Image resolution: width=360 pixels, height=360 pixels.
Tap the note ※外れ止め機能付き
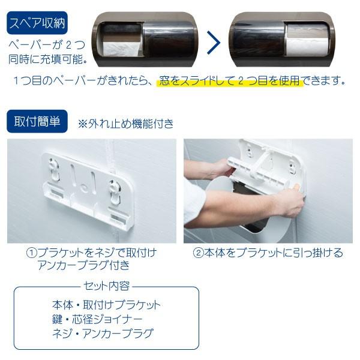126,124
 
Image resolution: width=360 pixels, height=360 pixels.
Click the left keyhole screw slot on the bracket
55,169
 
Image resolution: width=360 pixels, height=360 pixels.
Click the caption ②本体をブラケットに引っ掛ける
268,253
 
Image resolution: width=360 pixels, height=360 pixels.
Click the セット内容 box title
106,286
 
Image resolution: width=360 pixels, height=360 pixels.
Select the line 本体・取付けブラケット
106,304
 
